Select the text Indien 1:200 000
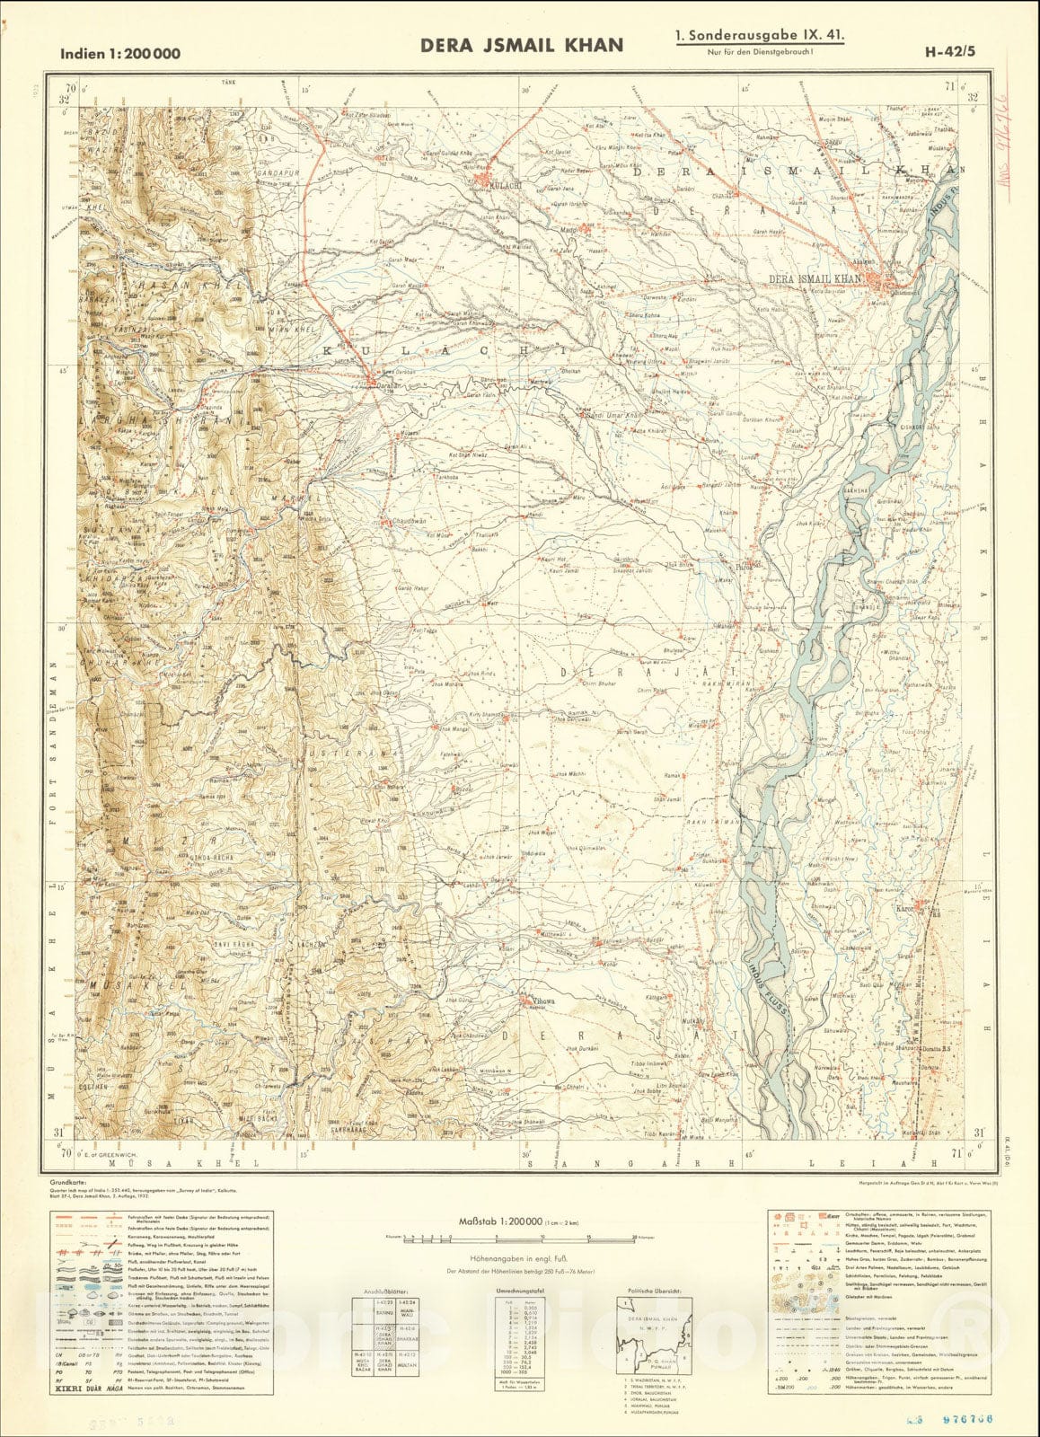[120, 54]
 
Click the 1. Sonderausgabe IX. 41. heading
[760, 39]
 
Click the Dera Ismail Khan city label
[815, 280]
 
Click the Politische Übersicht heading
[654, 1290]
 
